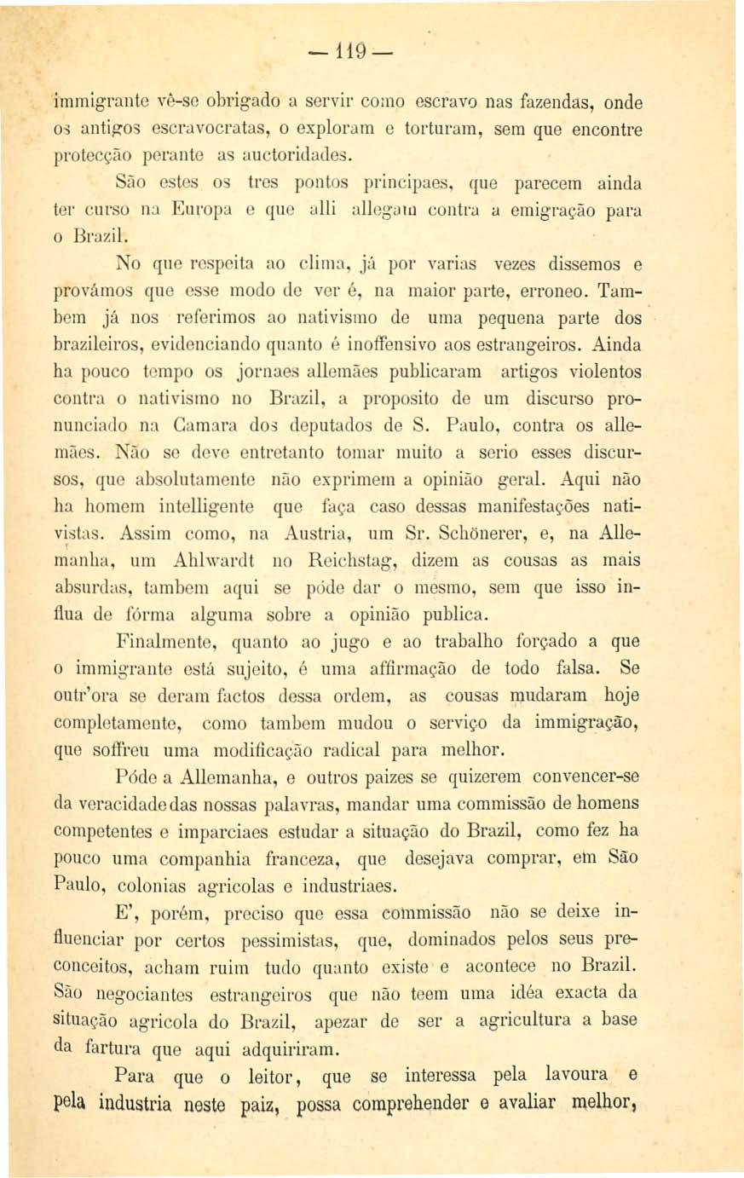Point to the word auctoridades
coord(294,156)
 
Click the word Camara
coord(193,426)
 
